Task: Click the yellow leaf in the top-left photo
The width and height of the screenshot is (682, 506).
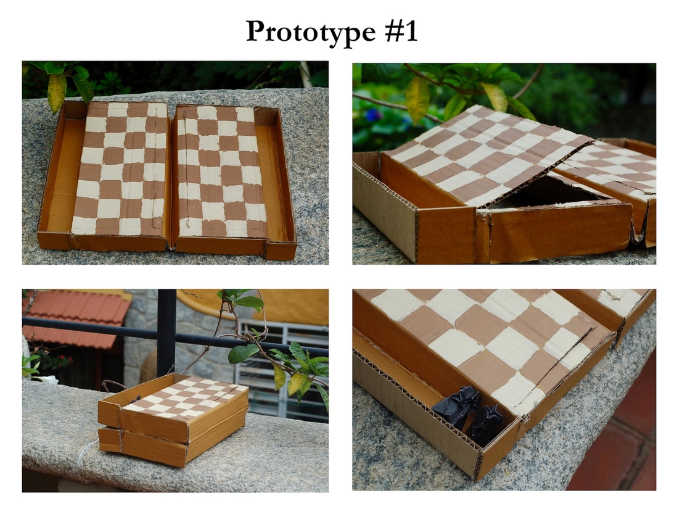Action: pos(57,92)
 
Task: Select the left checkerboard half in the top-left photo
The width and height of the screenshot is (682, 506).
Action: pos(120,169)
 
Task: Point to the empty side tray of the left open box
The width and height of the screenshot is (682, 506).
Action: pos(59,174)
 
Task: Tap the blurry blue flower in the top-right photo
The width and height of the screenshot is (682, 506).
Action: pos(372,115)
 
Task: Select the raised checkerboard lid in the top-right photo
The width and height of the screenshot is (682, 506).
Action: pos(487,154)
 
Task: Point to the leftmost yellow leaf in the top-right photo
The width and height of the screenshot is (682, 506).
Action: pos(417,99)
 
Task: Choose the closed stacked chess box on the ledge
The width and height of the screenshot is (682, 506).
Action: pos(173,419)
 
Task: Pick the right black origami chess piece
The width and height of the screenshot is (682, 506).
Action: pos(487,420)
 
